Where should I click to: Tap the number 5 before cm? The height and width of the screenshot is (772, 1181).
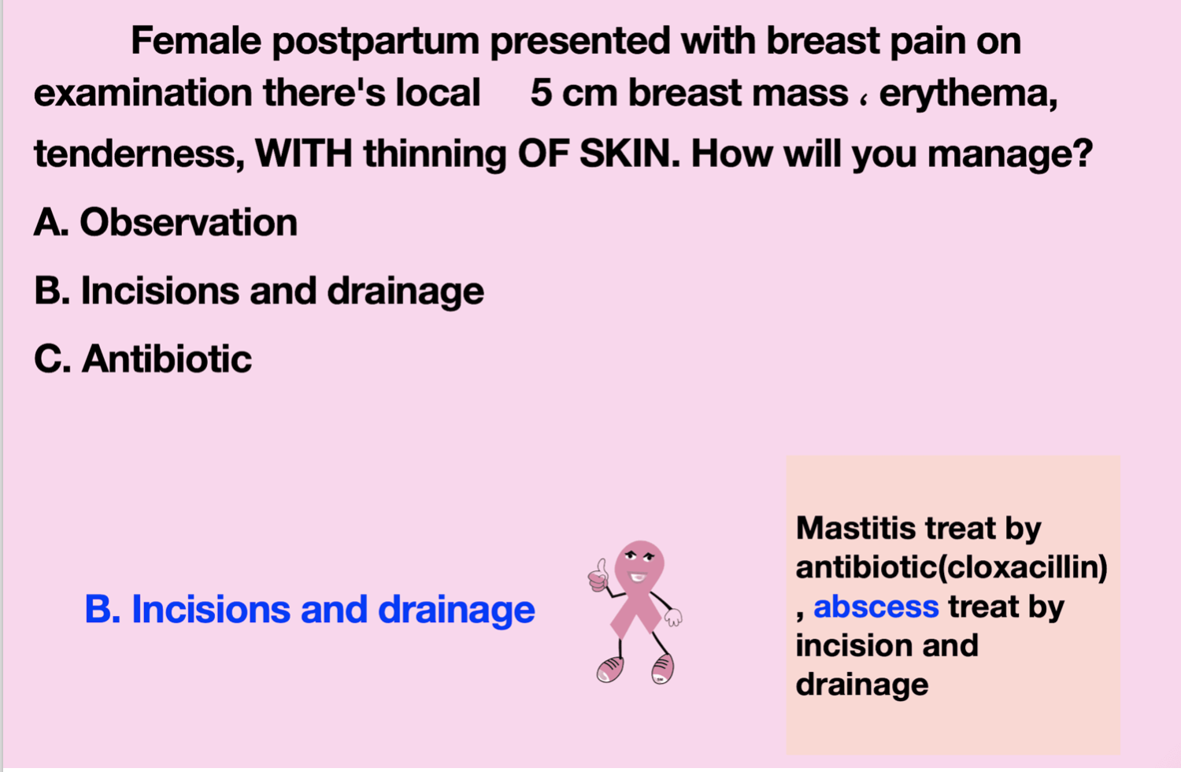[x=542, y=93]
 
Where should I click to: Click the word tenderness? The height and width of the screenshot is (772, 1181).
[x=139, y=154]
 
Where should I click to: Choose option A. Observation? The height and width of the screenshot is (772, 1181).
[x=165, y=223]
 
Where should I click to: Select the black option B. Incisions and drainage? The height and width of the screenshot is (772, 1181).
[x=259, y=291]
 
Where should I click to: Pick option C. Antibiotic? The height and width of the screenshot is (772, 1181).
[x=143, y=359]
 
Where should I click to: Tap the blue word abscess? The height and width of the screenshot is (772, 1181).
[x=876, y=607]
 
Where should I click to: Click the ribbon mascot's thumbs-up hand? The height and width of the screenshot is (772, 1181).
[x=598, y=577]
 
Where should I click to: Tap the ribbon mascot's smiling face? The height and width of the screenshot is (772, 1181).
[x=639, y=564]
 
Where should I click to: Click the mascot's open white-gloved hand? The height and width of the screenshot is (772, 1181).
[x=673, y=617]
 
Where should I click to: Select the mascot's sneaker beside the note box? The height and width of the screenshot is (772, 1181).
[x=663, y=669]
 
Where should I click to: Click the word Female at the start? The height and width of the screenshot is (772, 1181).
[x=195, y=41]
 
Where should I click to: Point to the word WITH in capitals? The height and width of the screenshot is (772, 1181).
[x=304, y=154]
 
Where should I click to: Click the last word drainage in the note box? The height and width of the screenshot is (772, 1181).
[x=862, y=685]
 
